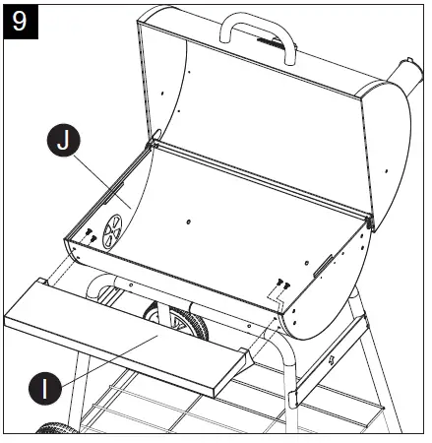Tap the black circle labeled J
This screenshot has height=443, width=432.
[63, 142]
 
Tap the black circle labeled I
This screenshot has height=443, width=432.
[44, 389]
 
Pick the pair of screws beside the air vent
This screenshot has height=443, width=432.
[89, 233]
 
